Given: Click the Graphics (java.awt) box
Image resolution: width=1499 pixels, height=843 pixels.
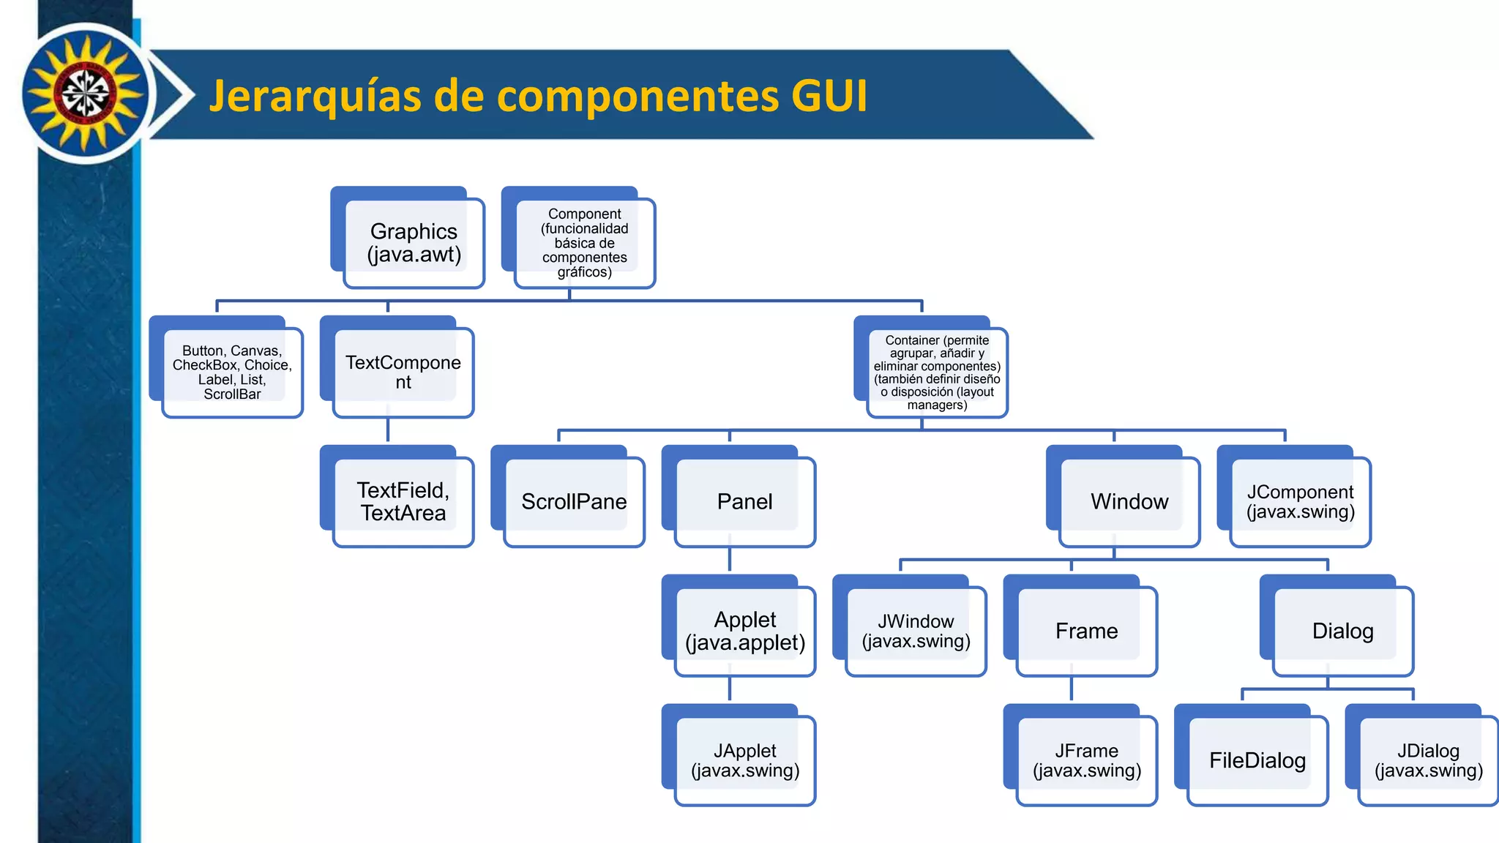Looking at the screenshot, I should click(414, 243).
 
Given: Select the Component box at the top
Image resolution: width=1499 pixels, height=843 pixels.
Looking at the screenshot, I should click(585, 243).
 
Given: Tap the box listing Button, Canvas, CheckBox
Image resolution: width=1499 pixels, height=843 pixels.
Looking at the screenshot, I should click(232, 372).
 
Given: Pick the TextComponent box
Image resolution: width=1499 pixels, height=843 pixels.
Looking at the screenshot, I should click(403, 372).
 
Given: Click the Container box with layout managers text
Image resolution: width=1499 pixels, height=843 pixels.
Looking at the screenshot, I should click(937, 372).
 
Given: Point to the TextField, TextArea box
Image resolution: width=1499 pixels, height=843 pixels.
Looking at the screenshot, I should click(403, 502).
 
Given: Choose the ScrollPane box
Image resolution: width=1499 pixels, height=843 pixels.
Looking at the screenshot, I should click(574, 502).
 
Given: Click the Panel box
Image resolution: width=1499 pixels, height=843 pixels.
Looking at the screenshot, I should click(745, 502).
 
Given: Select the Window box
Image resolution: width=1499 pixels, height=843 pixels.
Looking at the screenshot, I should click(1129, 502).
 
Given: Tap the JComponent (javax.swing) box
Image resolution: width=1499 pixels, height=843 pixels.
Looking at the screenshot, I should click(1301, 502).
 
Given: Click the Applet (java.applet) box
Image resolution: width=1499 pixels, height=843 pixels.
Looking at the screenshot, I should click(745, 632).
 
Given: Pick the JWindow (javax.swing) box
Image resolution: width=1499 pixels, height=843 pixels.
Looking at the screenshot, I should click(916, 632).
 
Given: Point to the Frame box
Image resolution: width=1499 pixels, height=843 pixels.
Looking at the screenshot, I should click(1087, 632).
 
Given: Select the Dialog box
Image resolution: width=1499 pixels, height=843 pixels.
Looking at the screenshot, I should click(1343, 632).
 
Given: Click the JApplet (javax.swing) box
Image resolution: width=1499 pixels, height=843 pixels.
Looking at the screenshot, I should click(745, 761).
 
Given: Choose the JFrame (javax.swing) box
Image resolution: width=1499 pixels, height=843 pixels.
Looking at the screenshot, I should click(1087, 761).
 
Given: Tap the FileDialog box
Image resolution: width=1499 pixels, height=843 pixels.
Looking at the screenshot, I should click(1257, 761).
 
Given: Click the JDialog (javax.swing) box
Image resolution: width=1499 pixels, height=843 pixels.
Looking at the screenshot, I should click(1429, 761).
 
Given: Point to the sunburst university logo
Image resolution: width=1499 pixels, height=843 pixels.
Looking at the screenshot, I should click(85, 94).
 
